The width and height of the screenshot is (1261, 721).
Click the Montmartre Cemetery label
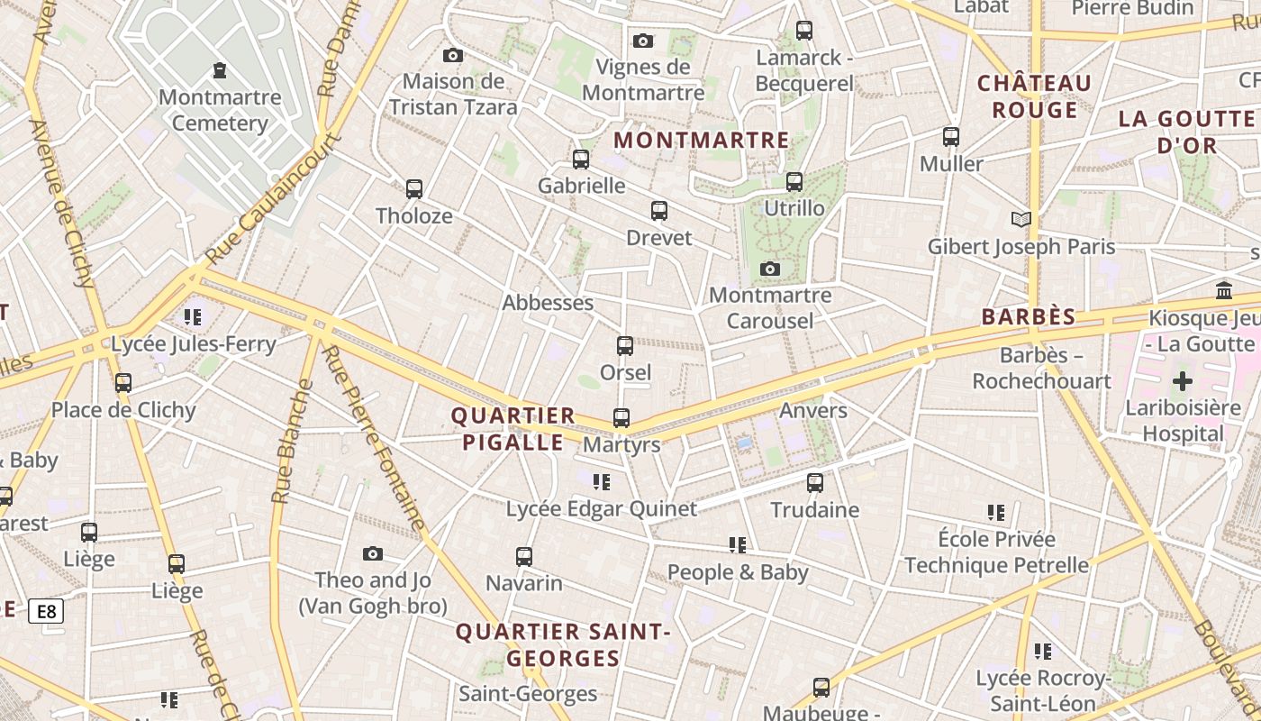220,110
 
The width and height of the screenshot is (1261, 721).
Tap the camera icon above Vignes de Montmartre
642,41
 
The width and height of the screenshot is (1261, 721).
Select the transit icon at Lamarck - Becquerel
804,31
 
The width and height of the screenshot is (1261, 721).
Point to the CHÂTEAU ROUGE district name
1034,96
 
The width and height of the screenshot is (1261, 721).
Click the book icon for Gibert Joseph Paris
1021,219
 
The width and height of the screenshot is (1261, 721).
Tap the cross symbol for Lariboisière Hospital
1182,381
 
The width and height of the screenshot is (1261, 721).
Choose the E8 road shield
46,612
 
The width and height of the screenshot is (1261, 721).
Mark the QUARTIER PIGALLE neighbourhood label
513,429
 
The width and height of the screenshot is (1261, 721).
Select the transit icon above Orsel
624,345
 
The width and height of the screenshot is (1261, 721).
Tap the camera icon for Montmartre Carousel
769,269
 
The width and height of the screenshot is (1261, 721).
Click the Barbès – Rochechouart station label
1041,368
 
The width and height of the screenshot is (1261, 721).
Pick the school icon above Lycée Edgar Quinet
601,482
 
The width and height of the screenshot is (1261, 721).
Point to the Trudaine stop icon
815,482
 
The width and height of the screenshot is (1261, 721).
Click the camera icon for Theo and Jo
373,553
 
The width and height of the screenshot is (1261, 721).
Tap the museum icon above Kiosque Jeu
1224,290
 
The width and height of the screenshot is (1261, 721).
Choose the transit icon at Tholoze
413,189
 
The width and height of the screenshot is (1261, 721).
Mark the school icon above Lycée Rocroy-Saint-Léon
1043,651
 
